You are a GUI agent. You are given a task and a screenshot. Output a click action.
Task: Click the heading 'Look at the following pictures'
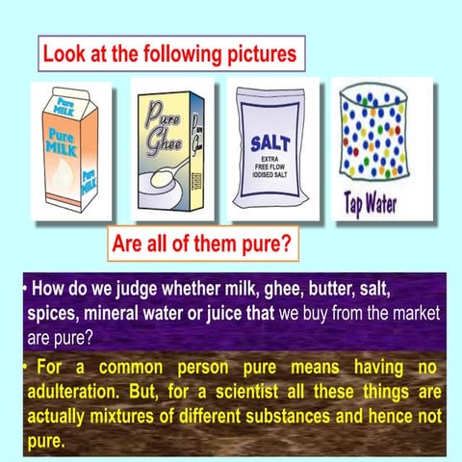(169, 53)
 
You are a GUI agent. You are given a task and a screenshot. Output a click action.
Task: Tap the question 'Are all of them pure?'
(201, 244)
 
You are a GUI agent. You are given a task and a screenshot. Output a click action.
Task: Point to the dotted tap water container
(371, 140)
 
